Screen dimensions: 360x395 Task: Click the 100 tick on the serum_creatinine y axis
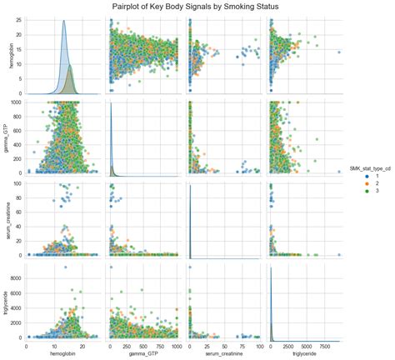(19, 182)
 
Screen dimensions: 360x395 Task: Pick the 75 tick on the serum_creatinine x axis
(248, 343)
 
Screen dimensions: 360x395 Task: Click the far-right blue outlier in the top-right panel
(340, 52)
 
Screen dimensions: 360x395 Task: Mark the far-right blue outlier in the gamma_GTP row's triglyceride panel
(340, 172)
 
